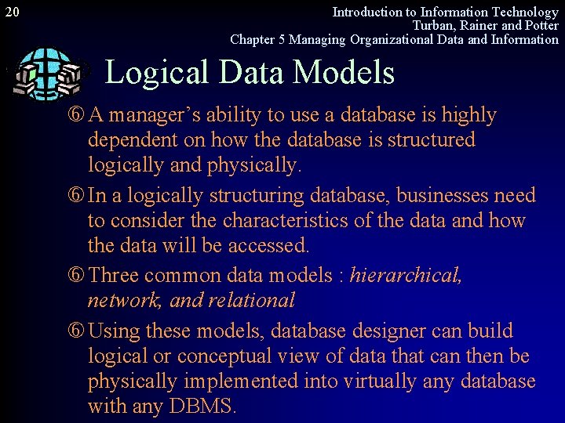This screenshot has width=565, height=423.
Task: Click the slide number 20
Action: click(12, 13)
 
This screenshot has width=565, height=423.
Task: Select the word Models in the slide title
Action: click(347, 73)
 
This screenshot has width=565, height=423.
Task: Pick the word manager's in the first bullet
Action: click(150, 115)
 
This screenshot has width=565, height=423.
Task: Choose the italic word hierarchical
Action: click(406, 276)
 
